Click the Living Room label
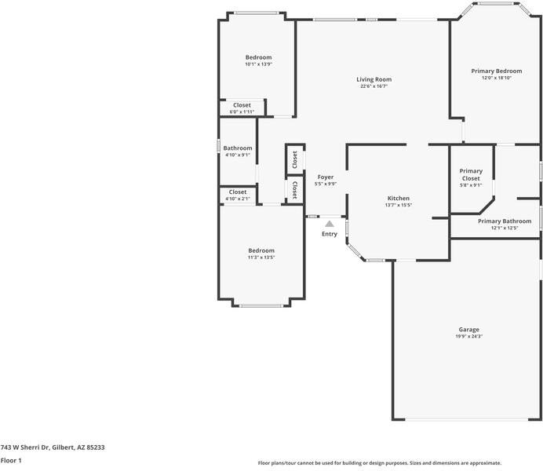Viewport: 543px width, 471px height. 374,79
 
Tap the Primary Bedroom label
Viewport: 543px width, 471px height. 497,71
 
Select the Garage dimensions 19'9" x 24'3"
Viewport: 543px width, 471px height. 469,336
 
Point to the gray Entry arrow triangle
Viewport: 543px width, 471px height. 330,224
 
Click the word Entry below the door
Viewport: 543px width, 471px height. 330,234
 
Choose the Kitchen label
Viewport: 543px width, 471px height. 399,198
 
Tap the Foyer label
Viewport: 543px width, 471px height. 326,177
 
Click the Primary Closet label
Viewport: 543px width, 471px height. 471,174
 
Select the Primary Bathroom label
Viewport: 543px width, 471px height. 505,221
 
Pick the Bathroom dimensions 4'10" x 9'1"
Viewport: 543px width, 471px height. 238,155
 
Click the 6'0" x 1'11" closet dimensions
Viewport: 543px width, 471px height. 242,111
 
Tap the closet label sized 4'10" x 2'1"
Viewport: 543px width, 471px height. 238,192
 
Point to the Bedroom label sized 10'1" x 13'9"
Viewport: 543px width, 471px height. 258,57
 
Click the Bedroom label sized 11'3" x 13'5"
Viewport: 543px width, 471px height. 261,250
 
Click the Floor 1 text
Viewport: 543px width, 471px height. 11,461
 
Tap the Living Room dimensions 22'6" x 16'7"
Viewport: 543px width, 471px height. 374,86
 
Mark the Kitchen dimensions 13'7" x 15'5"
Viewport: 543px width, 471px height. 399,205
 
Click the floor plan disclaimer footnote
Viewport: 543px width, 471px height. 380,463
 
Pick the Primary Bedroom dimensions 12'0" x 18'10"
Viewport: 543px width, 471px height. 497,78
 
